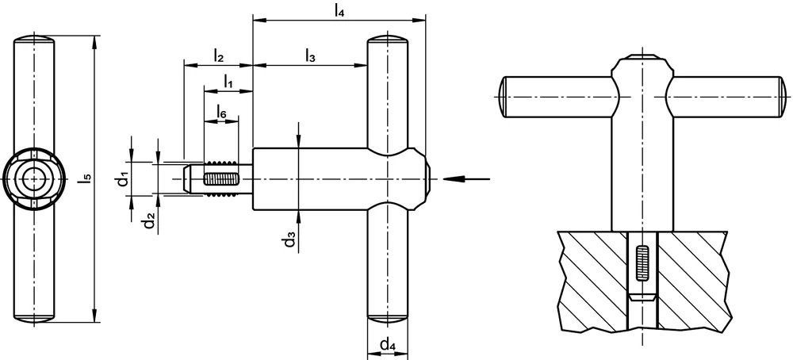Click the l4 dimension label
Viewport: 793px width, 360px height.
[339, 12]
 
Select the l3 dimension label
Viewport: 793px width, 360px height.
[310, 56]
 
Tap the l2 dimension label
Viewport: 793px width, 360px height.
[219, 56]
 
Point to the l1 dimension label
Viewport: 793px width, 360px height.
[228, 82]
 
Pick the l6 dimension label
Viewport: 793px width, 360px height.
[221, 112]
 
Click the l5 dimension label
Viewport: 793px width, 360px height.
[87, 178]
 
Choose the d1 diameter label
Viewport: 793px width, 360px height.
[122, 179]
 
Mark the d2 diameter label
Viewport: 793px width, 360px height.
[149, 221]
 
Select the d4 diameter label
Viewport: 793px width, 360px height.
[388, 346]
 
